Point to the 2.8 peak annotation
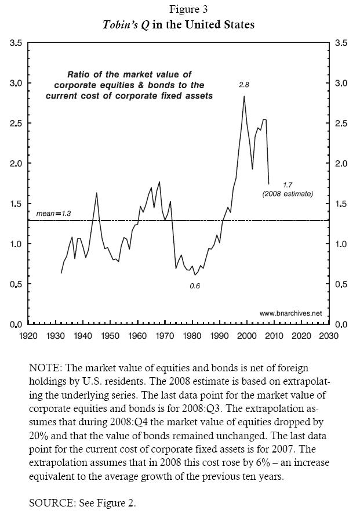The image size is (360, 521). [244, 85]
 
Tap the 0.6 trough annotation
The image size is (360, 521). [195, 286]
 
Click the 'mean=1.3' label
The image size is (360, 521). [53, 214]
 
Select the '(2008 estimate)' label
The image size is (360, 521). [287, 194]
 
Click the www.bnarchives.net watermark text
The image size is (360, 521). [290, 313]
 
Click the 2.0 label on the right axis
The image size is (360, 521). [341, 164]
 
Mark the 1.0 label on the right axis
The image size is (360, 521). [341, 244]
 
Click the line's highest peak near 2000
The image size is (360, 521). [244, 96]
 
